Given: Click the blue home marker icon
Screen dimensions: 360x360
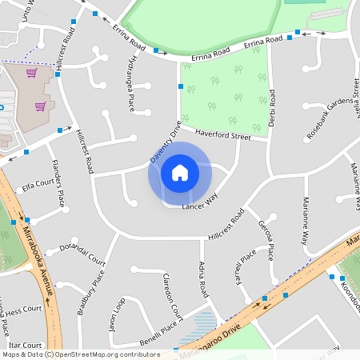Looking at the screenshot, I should [x=179, y=173].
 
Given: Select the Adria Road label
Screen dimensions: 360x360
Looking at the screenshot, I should [x=203, y=280].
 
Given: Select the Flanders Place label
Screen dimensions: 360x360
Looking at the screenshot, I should [x=57, y=181].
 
